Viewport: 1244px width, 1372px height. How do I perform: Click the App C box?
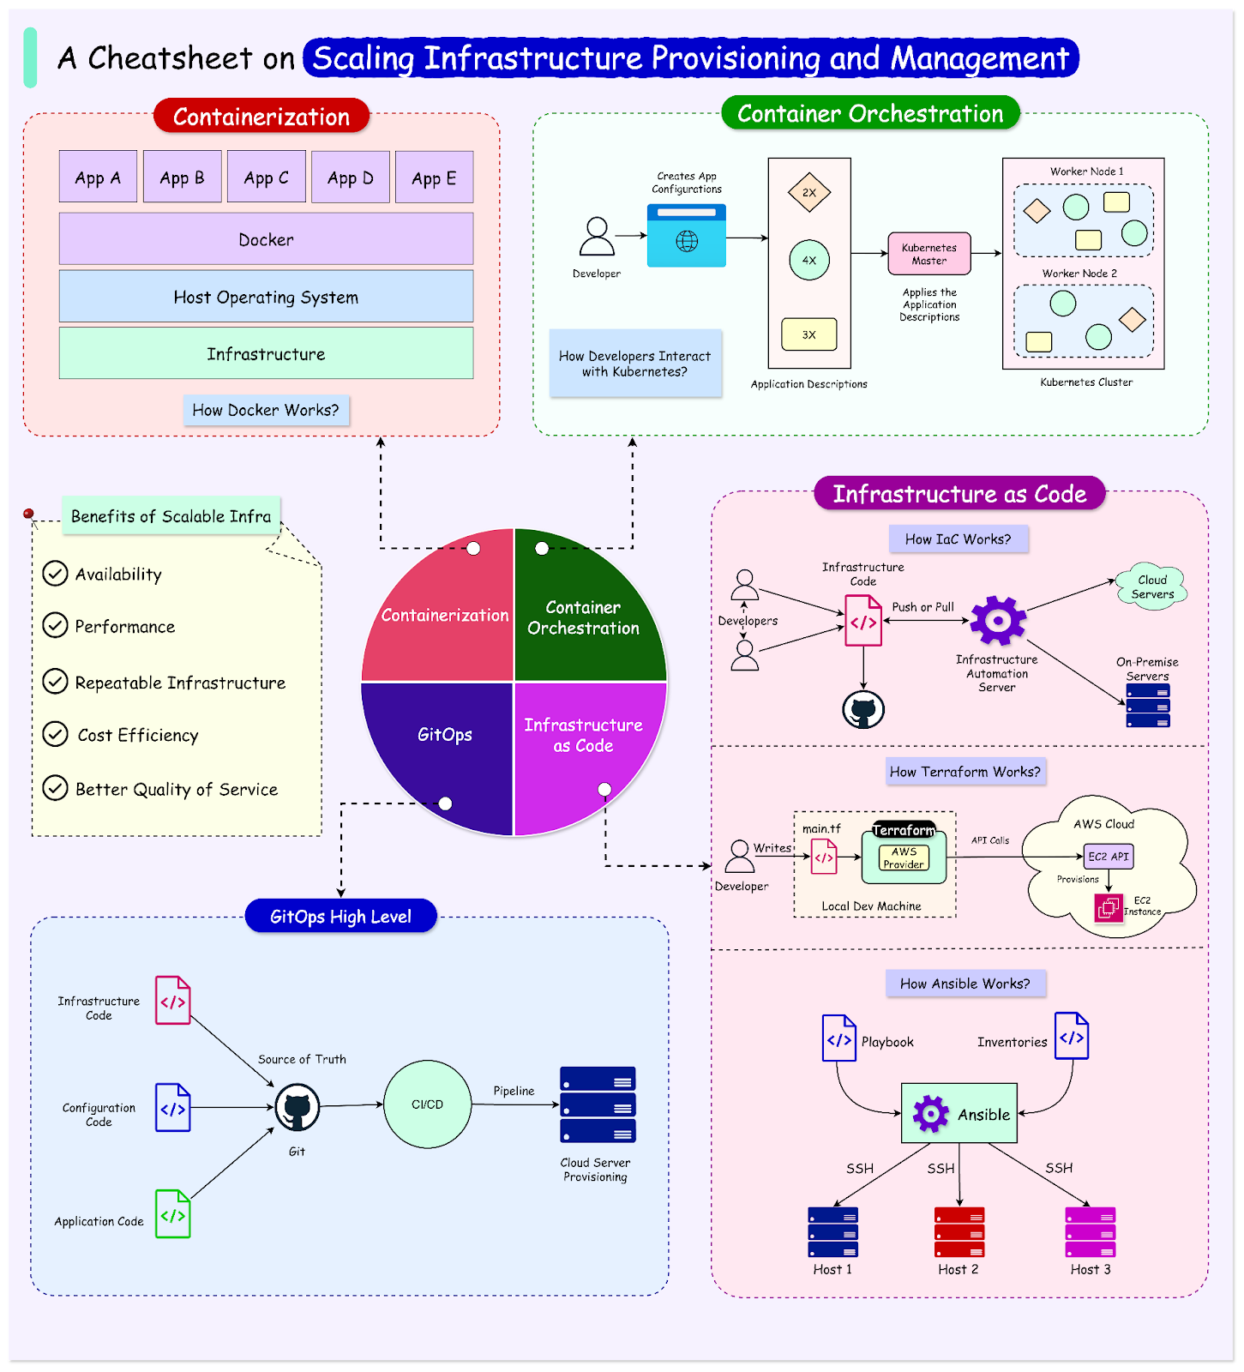pos(266,178)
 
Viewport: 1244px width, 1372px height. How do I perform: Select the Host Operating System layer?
pos(266,297)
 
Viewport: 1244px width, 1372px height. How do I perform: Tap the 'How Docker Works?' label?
pos(266,410)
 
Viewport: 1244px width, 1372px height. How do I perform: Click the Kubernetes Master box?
pos(929,254)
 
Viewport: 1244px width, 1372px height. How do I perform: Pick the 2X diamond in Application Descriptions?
pos(809,193)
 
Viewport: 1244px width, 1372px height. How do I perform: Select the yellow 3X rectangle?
pos(808,334)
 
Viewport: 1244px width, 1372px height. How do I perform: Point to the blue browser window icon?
pos(687,236)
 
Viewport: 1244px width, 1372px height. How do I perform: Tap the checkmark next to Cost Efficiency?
pos(55,734)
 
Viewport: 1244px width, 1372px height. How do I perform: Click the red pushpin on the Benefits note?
pos(28,514)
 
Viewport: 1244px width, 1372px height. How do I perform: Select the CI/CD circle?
pos(427,1104)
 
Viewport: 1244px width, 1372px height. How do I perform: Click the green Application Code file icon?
pos(172,1213)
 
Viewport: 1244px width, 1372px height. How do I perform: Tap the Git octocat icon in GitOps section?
pos(297,1107)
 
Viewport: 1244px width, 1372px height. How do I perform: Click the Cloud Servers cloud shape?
pos(1151,587)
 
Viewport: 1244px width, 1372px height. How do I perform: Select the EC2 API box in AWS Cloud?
pos(1109,856)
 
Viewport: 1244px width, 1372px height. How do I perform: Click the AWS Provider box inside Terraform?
pos(904,857)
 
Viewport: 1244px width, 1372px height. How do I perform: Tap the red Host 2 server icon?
pos(959,1232)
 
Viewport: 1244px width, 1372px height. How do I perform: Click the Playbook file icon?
pos(838,1038)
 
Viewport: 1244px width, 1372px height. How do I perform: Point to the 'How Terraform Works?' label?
pos(965,772)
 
